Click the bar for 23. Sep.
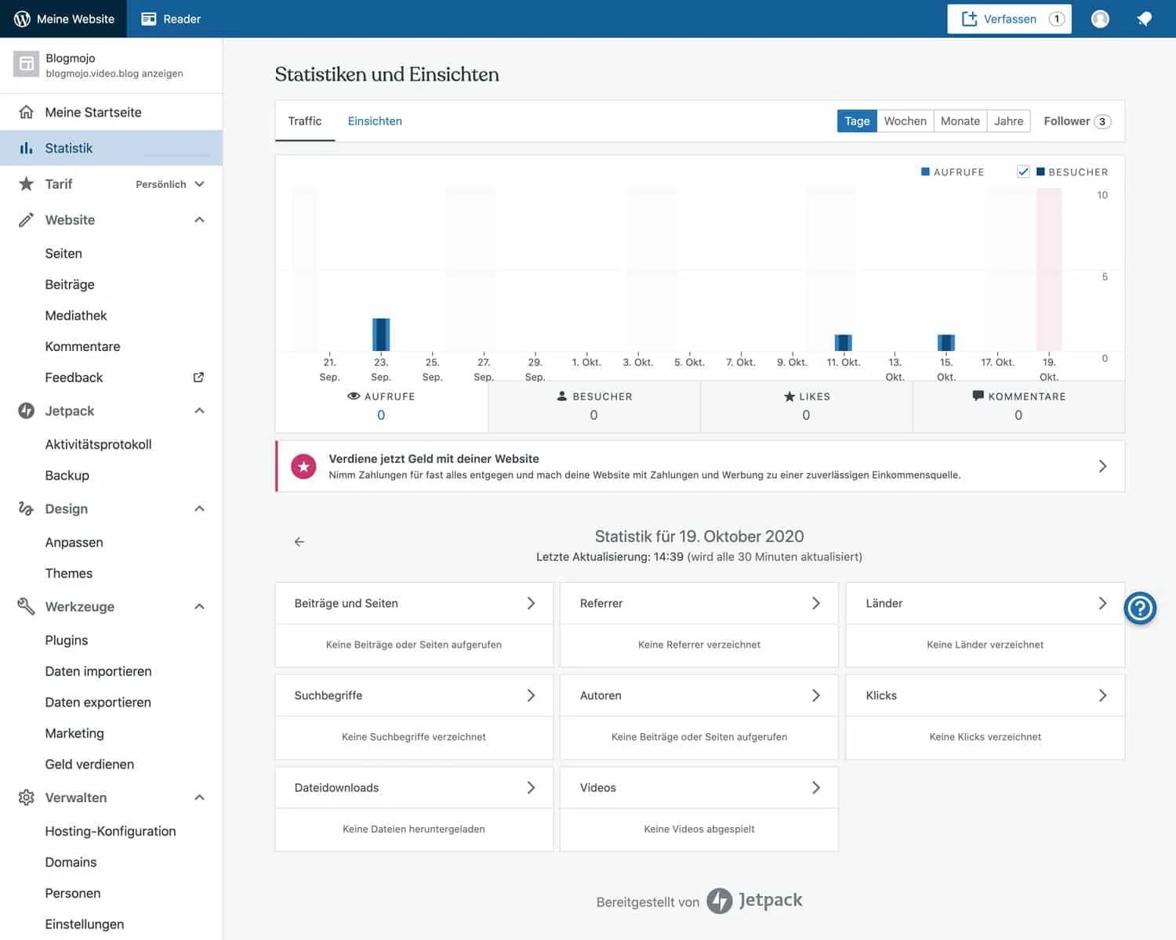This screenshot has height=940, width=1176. pyautogui.click(x=381, y=334)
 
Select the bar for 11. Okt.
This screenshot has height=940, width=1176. pyautogui.click(x=844, y=342)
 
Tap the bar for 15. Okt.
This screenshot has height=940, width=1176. pyautogui.click(x=946, y=342)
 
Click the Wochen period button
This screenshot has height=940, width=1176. pyautogui.click(x=905, y=121)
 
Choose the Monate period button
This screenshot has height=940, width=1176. pyautogui.click(x=960, y=121)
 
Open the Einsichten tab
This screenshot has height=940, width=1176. pyautogui.click(x=375, y=121)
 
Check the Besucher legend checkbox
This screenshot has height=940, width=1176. pyautogui.click(x=1023, y=172)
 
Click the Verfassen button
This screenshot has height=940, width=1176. pyautogui.click(x=1009, y=19)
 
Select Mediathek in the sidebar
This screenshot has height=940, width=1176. pyautogui.click(x=76, y=316)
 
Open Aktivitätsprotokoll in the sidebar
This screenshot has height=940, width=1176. pyautogui.click(x=98, y=444)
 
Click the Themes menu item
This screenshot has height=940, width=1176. pyautogui.click(x=69, y=573)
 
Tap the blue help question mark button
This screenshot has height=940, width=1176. pyautogui.click(x=1140, y=608)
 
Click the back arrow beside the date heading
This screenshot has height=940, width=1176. pyautogui.click(x=299, y=541)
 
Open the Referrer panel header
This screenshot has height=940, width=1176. pyautogui.click(x=699, y=603)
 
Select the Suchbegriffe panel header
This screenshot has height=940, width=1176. pyautogui.click(x=413, y=696)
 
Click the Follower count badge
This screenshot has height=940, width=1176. pyautogui.click(x=1102, y=121)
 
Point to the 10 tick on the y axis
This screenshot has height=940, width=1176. pyautogui.click(x=1102, y=195)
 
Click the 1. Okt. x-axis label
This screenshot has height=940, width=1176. pyautogui.click(x=586, y=362)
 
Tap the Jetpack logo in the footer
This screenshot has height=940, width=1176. pyautogui.click(x=754, y=901)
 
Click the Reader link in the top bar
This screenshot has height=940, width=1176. pyautogui.click(x=171, y=19)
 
